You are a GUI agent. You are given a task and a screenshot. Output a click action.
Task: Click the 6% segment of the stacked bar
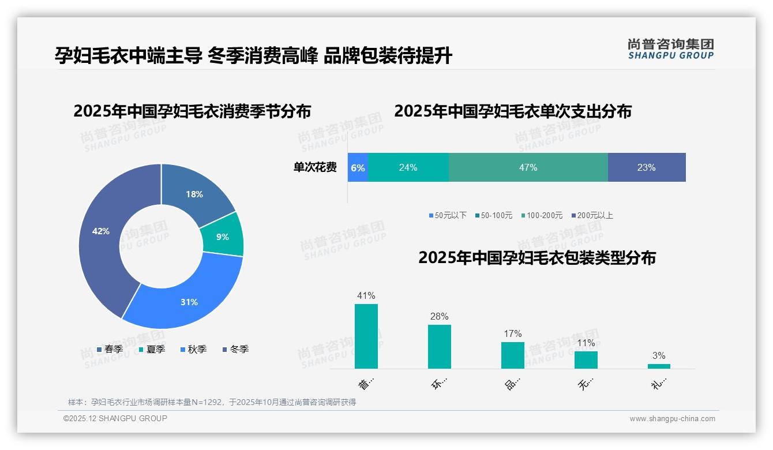(358, 167)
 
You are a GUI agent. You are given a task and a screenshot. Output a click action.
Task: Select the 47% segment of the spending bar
(528, 167)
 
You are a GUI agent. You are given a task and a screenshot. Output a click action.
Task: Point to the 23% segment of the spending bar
(647, 167)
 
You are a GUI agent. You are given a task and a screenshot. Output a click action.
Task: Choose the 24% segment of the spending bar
(408, 167)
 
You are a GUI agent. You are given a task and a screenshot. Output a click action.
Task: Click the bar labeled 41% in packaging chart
(366, 336)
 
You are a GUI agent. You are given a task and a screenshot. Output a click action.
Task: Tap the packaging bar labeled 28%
(440, 347)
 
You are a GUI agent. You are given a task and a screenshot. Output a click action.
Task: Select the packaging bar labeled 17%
(513, 355)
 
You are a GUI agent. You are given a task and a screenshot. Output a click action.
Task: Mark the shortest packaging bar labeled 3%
(659, 366)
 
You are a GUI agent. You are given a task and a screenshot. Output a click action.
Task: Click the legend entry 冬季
(235, 349)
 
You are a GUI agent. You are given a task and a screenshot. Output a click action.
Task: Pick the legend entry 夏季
(152, 349)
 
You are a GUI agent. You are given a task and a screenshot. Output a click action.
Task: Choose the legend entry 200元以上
(592, 215)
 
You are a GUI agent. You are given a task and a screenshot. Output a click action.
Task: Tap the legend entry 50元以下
(448, 215)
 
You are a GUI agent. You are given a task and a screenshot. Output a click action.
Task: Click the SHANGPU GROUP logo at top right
(670, 49)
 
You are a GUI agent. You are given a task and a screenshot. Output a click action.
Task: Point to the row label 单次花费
(315, 167)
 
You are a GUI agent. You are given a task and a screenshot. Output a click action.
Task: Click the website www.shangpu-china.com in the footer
(672, 418)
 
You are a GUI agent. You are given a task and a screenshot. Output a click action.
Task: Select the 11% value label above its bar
(586, 343)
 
